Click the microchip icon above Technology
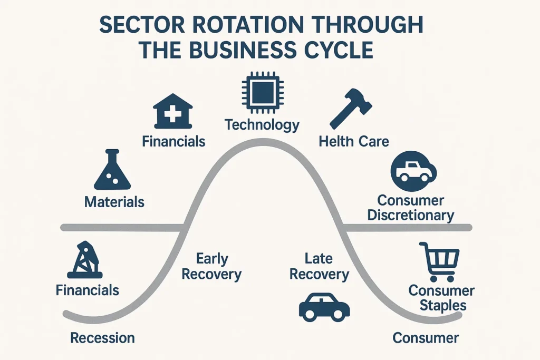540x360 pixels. pyautogui.click(x=262, y=95)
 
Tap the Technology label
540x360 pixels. pyautogui.click(x=262, y=125)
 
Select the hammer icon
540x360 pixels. pyautogui.click(x=350, y=109)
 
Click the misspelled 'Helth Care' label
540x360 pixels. pyautogui.click(x=354, y=141)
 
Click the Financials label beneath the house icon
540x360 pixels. pyautogui.click(x=173, y=141)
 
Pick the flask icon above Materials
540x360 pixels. pyautogui.click(x=112, y=170)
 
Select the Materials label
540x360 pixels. pyautogui.click(x=114, y=202)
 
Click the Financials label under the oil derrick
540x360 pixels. pyautogui.click(x=88, y=290)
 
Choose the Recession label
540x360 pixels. pyautogui.click(x=102, y=338)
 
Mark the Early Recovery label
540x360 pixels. pyautogui.click(x=212, y=266)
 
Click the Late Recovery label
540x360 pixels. pyautogui.click(x=319, y=266)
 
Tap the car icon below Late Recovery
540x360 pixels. pyautogui.click(x=324, y=307)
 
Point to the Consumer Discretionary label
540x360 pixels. pyautogui.click(x=411, y=208)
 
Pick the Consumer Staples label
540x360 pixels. pyautogui.click(x=441, y=298)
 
